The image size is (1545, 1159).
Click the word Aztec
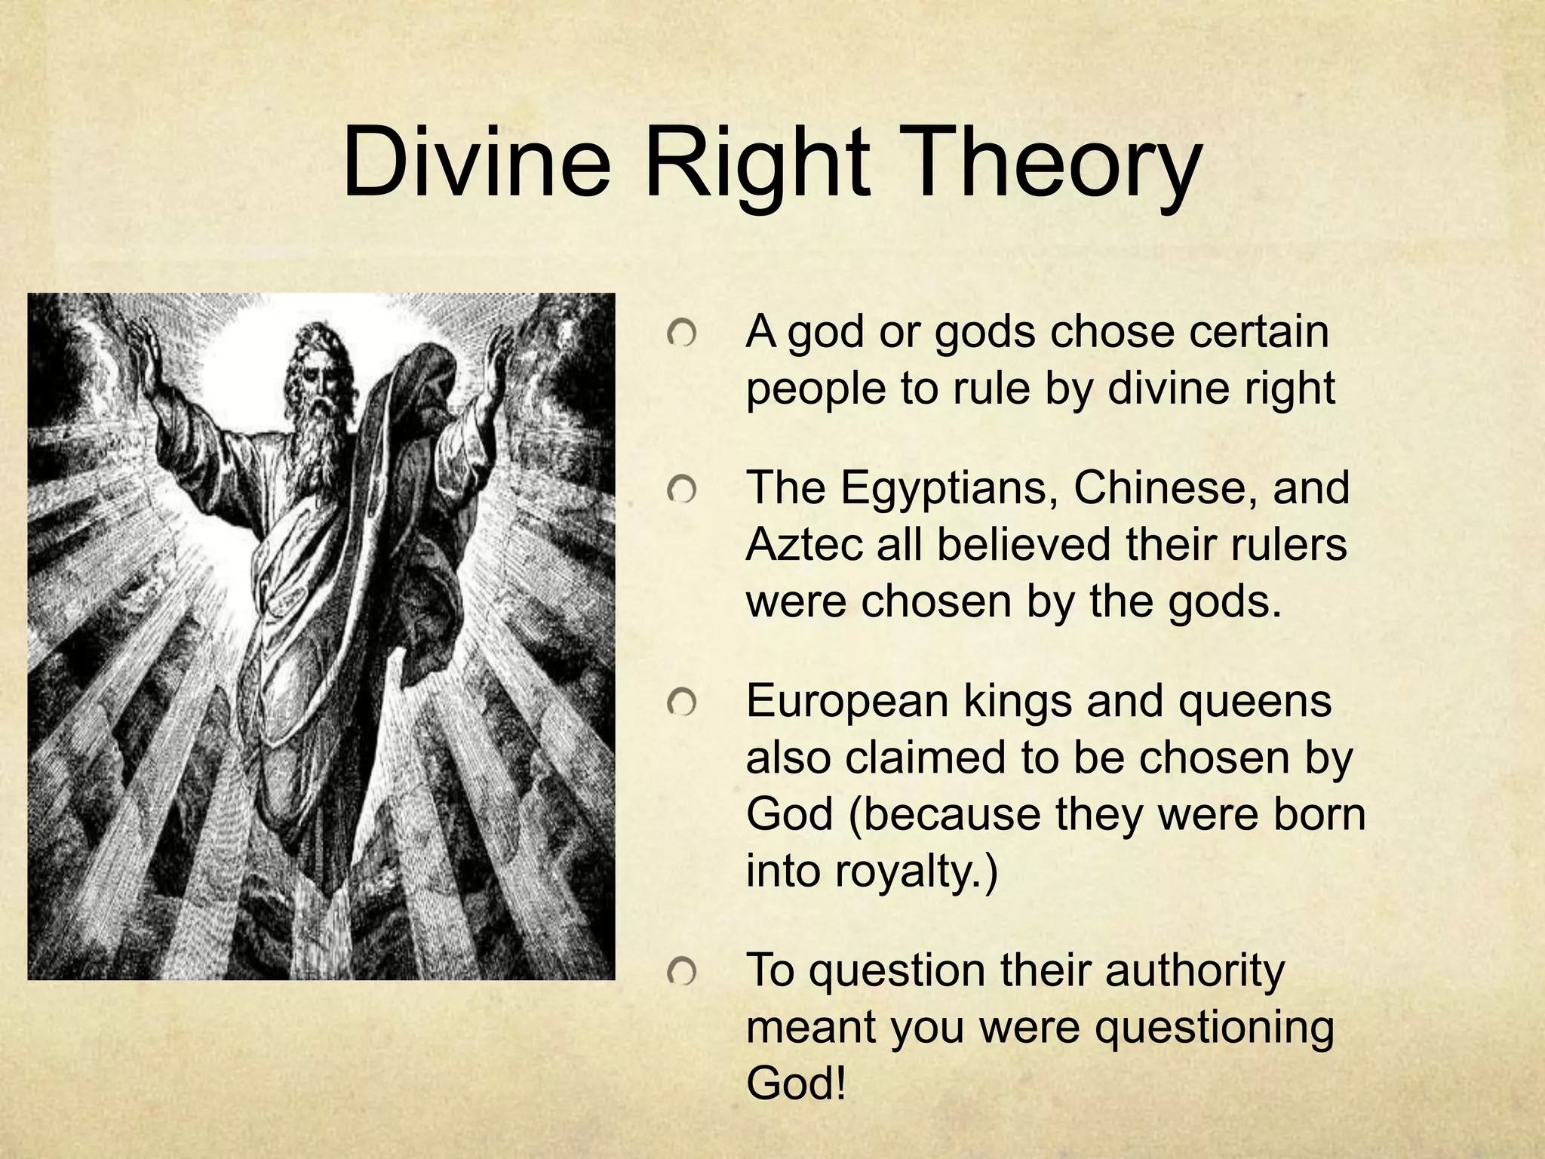(803, 545)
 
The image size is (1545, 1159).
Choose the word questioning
(1214, 1028)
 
